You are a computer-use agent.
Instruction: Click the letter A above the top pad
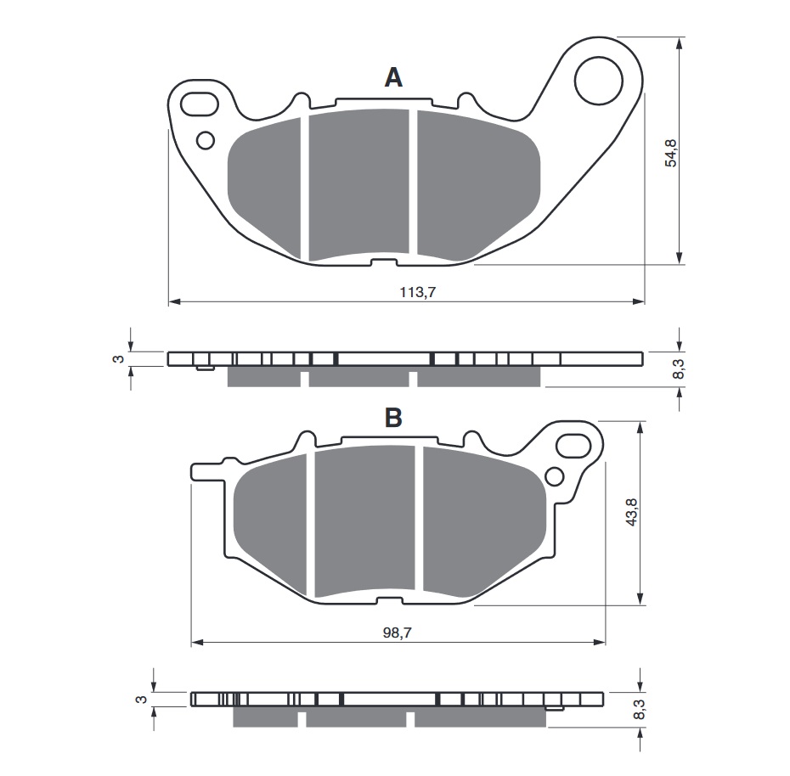click(x=393, y=78)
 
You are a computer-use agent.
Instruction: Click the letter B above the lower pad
click(x=393, y=417)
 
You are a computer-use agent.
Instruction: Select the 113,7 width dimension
click(x=417, y=291)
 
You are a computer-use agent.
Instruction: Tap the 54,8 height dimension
click(x=671, y=153)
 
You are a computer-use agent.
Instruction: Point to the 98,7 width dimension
click(x=398, y=633)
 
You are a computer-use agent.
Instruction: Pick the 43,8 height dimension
click(x=631, y=512)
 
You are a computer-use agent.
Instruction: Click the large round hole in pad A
click(x=599, y=81)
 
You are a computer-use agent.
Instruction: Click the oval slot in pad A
click(x=200, y=104)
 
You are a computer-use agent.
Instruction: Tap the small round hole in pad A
click(x=206, y=140)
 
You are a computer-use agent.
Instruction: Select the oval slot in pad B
click(x=573, y=446)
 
